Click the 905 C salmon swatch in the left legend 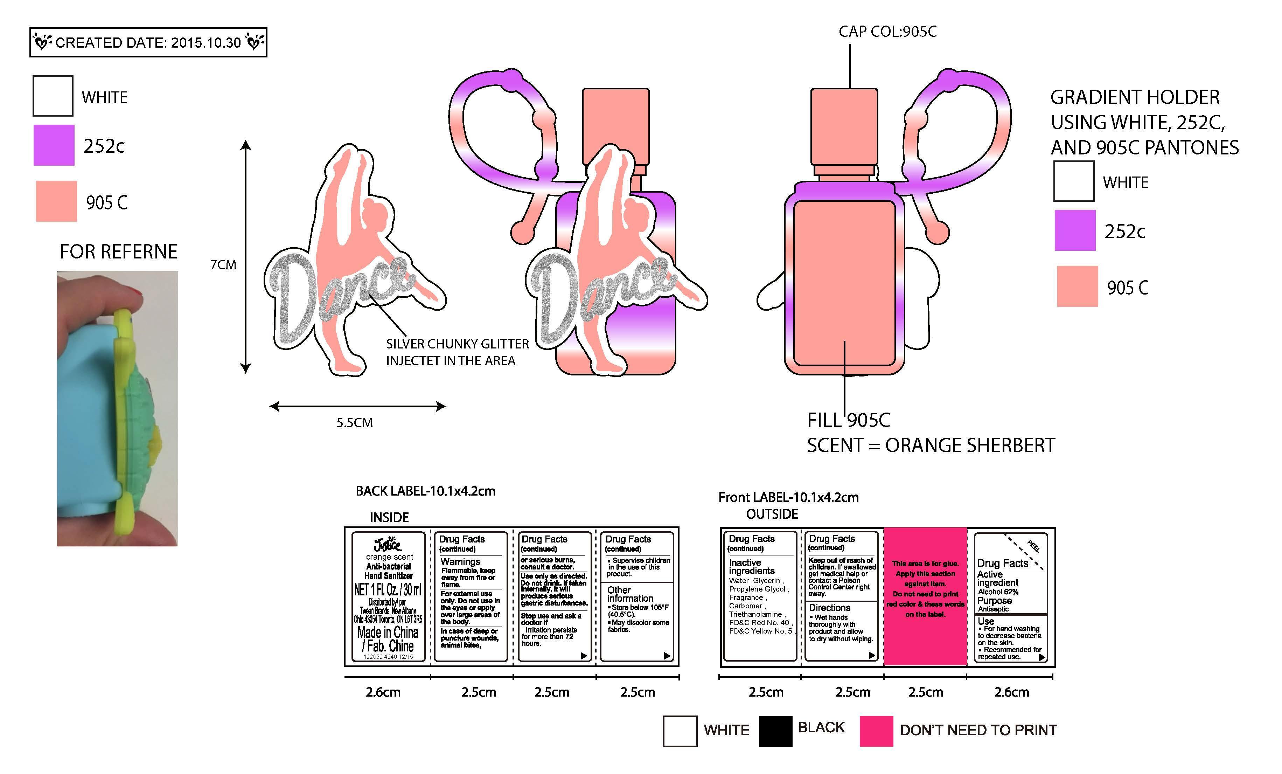(56, 201)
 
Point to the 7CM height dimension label (223, 265)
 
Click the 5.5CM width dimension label (354, 423)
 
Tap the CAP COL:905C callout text (887, 32)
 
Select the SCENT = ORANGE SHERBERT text (931, 445)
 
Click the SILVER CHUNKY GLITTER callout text (457, 344)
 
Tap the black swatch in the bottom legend (775, 731)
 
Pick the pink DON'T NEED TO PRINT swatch (876, 731)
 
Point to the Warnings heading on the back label (460, 562)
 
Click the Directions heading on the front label (829, 607)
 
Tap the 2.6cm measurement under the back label (383, 692)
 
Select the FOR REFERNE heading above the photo (119, 252)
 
